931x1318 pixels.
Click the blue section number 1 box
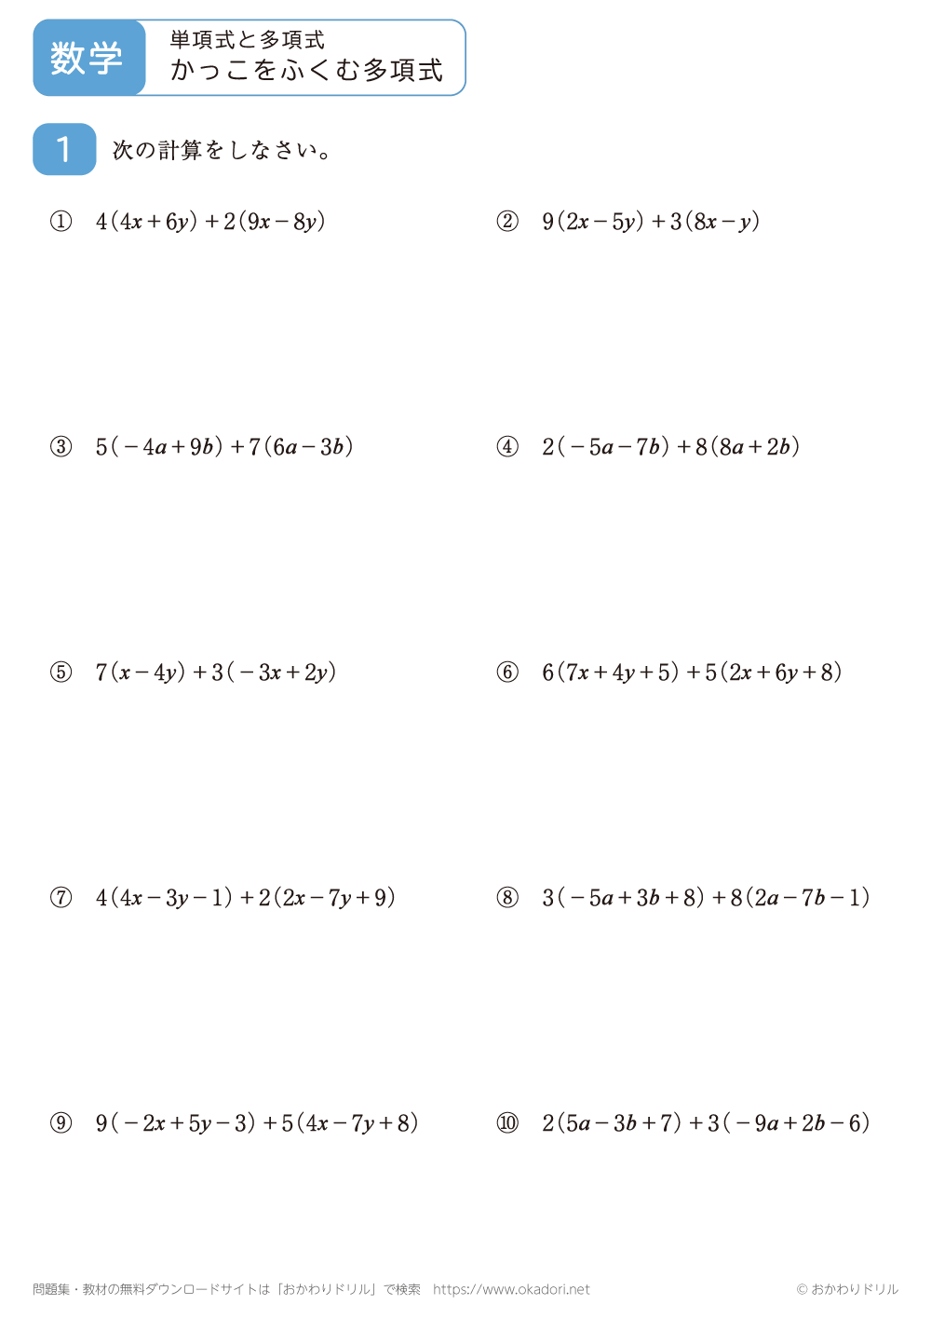(x=64, y=149)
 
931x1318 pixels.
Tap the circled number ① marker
(x=61, y=222)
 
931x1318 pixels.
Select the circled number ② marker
(x=507, y=222)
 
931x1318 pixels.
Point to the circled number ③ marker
(x=61, y=447)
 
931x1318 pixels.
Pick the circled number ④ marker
(x=507, y=447)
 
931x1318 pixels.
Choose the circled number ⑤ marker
(x=61, y=673)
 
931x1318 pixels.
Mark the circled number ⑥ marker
(x=507, y=673)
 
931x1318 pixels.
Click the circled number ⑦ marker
(x=61, y=898)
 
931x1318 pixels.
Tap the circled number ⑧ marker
(x=507, y=898)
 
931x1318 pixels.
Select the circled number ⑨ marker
(x=61, y=1123)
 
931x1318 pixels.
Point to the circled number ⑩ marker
(x=507, y=1123)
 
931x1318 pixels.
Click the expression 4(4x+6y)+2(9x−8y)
(x=210, y=222)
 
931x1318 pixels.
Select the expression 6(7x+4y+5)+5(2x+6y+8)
(x=692, y=673)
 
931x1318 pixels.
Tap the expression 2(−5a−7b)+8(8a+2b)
(x=670, y=447)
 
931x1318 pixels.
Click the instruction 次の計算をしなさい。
(x=222, y=150)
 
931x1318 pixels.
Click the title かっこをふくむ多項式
(x=306, y=71)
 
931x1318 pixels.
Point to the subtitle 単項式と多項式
(x=248, y=39)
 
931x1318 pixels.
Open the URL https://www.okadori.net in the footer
(x=511, y=1289)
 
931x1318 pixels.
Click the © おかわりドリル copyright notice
(x=847, y=1289)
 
